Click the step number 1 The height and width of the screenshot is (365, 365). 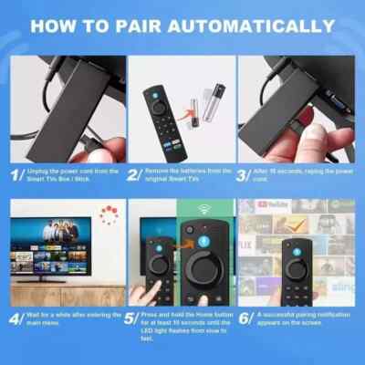(x=16, y=173)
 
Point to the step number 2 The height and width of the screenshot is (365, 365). (x=132, y=173)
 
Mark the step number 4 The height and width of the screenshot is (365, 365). (x=16, y=321)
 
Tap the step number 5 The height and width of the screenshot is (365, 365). (x=132, y=321)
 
